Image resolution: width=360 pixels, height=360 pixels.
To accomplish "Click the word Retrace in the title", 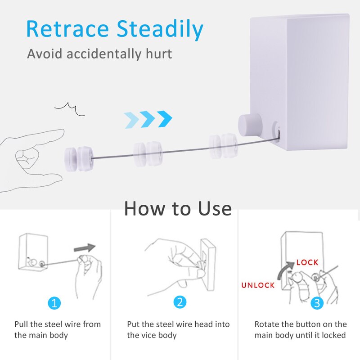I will (68, 29).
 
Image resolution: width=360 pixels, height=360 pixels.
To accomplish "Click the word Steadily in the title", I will (160, 30).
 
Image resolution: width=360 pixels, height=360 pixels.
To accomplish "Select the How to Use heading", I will (178, 209).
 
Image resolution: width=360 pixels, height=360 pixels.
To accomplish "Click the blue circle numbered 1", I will (54, 302).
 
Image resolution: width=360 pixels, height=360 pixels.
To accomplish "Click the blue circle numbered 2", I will (180, 302).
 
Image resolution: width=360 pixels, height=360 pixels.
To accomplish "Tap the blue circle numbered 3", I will (318, 302).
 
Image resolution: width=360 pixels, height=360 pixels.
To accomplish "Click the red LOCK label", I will (307, 262).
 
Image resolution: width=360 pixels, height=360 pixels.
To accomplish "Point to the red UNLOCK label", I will (258, 285).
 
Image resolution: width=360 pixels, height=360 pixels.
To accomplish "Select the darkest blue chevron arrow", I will (165, 118).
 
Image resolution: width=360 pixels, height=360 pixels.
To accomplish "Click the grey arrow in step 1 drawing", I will (85, 248).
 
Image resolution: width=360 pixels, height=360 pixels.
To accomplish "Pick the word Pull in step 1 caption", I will (21, 324).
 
